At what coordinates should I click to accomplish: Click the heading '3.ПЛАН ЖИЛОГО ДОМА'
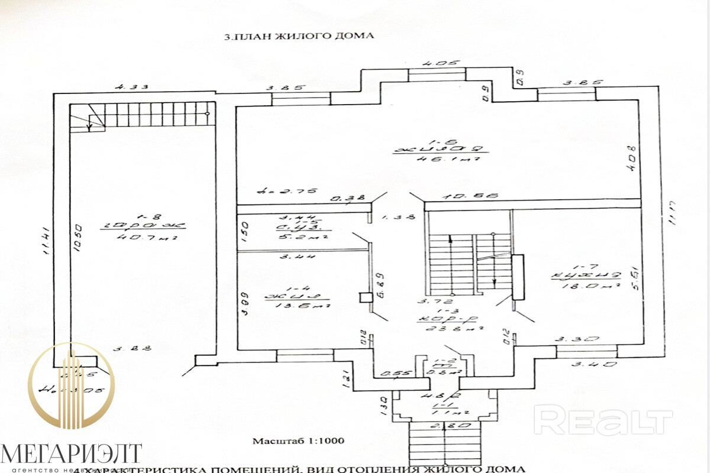(x=299, y=36)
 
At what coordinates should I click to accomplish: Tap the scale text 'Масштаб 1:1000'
(x=298, y=441)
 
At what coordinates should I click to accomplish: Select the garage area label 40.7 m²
(x=144, y=238)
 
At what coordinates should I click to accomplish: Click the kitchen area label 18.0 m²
(x=583, y=285)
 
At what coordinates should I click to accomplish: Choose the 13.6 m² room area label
(x=296, y=305)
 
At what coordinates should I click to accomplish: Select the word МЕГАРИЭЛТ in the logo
(x=71, y=454)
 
